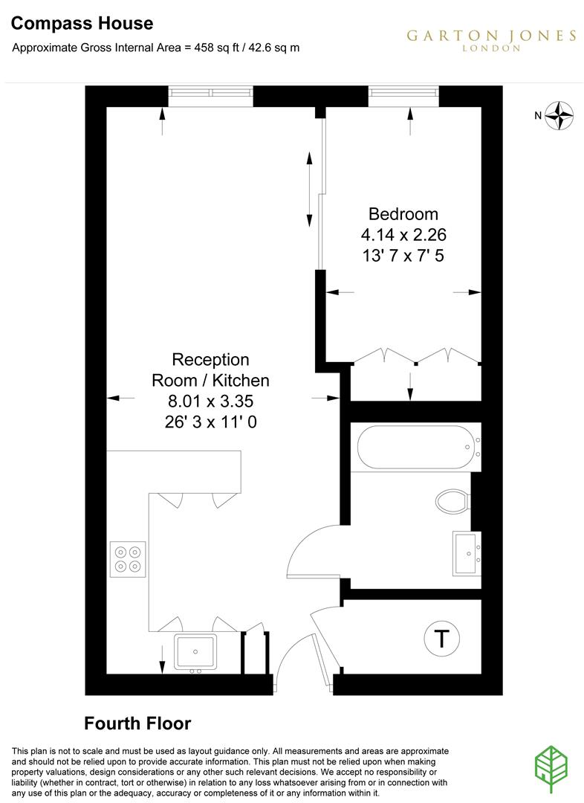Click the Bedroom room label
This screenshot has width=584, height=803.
pyautogui.click(x=403, y=214)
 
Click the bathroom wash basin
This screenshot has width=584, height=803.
pyautogui.click(x=466, y=552)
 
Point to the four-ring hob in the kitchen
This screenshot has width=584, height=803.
pyautogui.click(x=128, y=559)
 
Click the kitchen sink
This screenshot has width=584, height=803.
pyautogui.click(x=195, y=652)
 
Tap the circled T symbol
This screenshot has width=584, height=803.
pyautogui.click(x=441, y=638)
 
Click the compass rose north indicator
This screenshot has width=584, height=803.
pyautogui.click(x=560, y=115)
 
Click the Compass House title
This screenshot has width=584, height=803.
pyautogui.click(x=82, y=24)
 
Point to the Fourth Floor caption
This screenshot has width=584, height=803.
pyautogui.click(x=137, y=723)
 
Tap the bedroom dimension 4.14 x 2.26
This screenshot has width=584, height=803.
pyautogui.click(x=403, y=235)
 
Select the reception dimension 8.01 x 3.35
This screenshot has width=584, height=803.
pyautogui.click(x=210, y=401)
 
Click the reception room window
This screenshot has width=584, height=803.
pyautogui.click(x=210, y=93)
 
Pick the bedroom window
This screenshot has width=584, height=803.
pyautogui.click(x=404, y=93)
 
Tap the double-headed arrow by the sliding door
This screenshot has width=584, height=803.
pyautogui.click(x=309, y=190)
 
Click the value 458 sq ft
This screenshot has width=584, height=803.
pyautogui.click(x=216, y=47)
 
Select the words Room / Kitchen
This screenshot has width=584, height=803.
pyautogui.click(x=210, y=381)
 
